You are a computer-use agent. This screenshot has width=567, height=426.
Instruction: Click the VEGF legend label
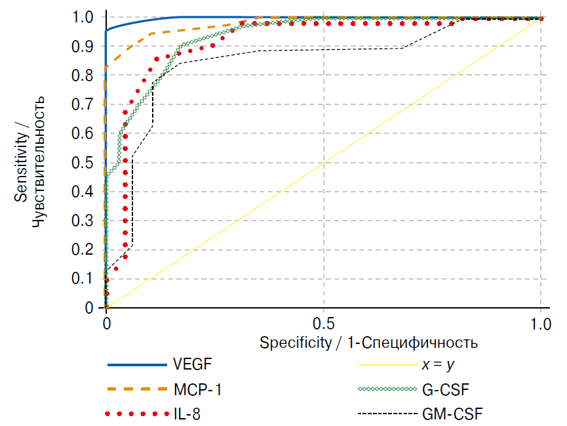point(193,365)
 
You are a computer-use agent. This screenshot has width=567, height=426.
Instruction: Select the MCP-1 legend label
point(198,390)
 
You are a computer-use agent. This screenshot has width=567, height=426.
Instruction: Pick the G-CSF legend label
point(446,390)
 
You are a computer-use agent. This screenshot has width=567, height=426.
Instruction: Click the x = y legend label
point(437,365)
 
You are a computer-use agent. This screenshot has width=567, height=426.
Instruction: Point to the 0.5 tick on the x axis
point(324,324)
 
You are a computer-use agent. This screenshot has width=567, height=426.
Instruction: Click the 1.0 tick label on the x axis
point(541,324)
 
